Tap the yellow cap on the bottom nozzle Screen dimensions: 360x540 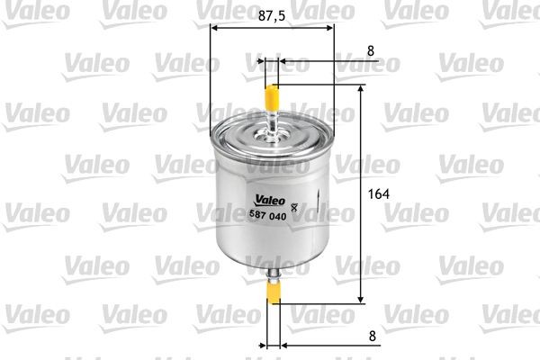[273, 291]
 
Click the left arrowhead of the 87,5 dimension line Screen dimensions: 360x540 [214, 28]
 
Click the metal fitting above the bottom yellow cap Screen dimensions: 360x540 [273, 269]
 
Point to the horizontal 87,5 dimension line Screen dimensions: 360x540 [271, 28]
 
